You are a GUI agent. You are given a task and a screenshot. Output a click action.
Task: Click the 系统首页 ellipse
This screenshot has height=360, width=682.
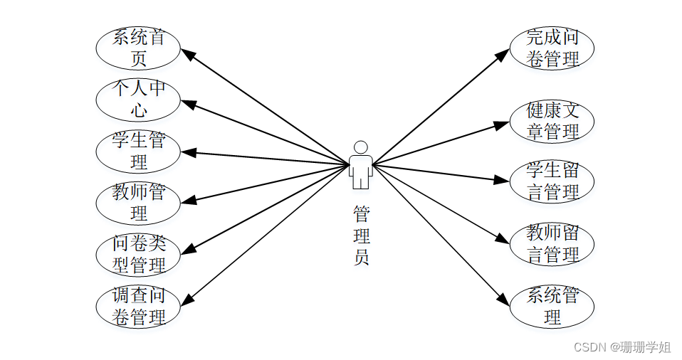click(x=138, y=48)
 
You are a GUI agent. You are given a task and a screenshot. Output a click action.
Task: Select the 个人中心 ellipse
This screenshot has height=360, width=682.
click(x=138, y=100)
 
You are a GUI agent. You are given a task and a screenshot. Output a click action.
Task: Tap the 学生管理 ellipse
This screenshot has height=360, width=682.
click(x=138, y=152)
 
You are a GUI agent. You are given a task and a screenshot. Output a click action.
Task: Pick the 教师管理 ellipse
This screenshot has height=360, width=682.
click(x=138, y=203)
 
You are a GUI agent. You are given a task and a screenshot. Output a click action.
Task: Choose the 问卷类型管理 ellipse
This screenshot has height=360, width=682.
click(x=138, y=255)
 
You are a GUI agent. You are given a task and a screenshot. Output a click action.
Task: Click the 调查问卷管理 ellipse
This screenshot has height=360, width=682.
click(x=138, y=307)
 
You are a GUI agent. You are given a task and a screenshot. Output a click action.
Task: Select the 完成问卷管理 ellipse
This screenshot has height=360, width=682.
click(x=552, y=48)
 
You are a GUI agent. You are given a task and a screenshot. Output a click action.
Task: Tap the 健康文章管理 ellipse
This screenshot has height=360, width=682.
click(x=552, y=121)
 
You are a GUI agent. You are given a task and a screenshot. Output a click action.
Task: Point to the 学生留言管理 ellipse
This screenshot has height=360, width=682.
click(x=552, y=181)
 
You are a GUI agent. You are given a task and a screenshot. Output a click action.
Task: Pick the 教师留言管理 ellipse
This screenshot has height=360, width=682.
click(x=552, y=244)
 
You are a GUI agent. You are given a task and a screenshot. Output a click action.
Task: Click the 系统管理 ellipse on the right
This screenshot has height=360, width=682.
click(x=552, y=307)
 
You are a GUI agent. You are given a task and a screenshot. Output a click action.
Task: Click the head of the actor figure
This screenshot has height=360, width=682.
click(x=361, y=147)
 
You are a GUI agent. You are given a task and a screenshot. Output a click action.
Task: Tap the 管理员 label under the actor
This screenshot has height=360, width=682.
click(x=361, y=235)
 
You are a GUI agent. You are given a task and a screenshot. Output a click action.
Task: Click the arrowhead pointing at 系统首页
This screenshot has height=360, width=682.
click(x=187, y=53)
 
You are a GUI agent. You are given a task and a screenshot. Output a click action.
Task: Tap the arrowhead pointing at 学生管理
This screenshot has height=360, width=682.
click(x=187, y=152)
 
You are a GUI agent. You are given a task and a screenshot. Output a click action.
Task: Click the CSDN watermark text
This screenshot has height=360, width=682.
click(x=621, y=347)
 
